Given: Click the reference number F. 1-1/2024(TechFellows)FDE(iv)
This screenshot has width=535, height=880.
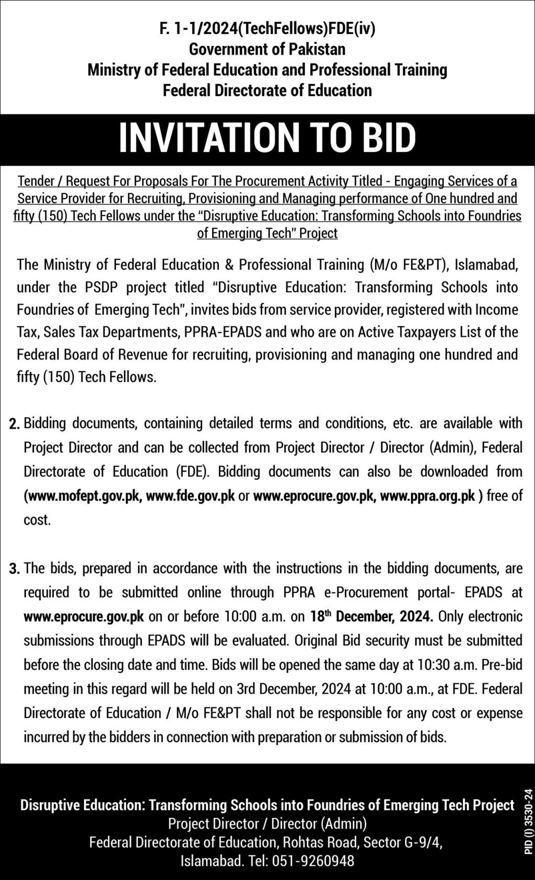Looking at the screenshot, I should pyautogui.click(x=267, y=29).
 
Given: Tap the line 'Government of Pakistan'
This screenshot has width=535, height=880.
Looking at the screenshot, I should pyautogui.click(x=267, y=50).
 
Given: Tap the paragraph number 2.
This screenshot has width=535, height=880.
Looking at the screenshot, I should pyautogui.click(x=15, y=424).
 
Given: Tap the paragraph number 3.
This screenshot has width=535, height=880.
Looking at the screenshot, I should pyautogui.click(x=15, y=569).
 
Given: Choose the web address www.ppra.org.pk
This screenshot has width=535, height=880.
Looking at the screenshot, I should pyautogui.click(x=427, y=496).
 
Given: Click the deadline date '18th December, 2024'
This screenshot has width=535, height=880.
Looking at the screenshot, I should pyautogui.click(x=371, y=616).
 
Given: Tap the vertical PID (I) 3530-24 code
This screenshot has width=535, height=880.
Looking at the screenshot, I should pyautogui.click(x=528, y=820).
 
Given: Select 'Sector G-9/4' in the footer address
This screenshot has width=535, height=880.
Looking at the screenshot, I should pyautogui.click(x=403, y=842).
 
